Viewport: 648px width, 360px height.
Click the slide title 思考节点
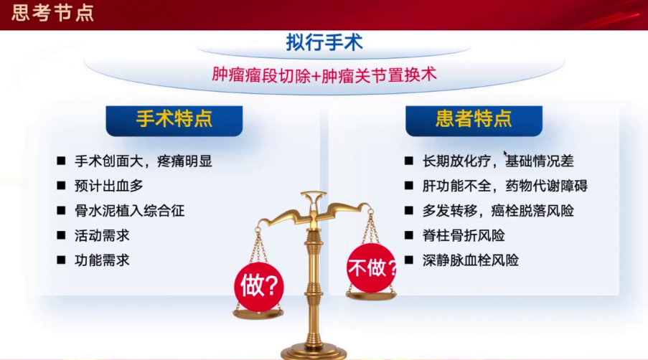52,12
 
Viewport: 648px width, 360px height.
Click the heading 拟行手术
324,42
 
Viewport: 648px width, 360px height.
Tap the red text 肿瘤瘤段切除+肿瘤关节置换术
324,75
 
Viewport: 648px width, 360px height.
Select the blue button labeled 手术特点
174,119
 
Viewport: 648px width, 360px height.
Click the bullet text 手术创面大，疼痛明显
144,161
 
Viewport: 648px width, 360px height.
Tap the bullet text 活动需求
102,235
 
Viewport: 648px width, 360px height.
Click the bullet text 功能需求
102,260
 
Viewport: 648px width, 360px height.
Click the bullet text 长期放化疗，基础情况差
498,161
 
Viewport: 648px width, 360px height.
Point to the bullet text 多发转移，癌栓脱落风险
498,211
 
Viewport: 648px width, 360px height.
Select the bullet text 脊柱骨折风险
464,235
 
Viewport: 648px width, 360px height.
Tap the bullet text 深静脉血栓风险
471,260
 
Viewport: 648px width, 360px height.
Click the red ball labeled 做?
258,287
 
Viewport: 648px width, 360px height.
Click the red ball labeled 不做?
372,269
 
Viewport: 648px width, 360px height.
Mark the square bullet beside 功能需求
62,260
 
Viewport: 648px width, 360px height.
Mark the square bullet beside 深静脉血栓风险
408,260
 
